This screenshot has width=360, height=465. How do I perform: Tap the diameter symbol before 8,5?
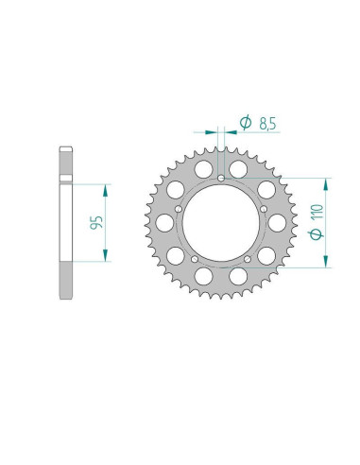[x=244, y=123]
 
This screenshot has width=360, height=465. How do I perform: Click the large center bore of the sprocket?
[x=220, y=223]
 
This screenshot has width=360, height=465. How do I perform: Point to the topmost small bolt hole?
[x=220, y=177]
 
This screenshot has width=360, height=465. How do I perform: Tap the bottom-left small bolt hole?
[x=193, y=260]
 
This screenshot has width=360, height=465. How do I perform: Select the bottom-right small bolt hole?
[x=248, y=260]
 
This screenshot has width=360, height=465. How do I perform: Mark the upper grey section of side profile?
[x=66, y=164]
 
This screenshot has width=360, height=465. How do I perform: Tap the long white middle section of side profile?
[x=66, y=223]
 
